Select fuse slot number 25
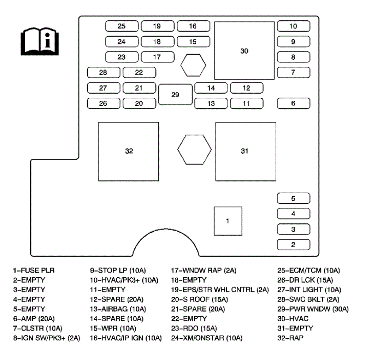click(122, 26)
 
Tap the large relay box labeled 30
click(244, 51)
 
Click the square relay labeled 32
click(129, 151)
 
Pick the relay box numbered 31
click(245, 151)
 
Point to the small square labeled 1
click(228, 221)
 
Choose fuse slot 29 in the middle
click(175, 95)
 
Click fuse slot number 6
click(293, 103)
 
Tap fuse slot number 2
click(293, 244)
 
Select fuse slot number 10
click(293, 26)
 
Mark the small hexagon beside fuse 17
click(194, 65)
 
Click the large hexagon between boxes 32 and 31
click(195, 150)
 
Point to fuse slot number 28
click(103, 72)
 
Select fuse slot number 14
click(211, 88)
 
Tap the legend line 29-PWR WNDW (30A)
click(312, 309)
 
